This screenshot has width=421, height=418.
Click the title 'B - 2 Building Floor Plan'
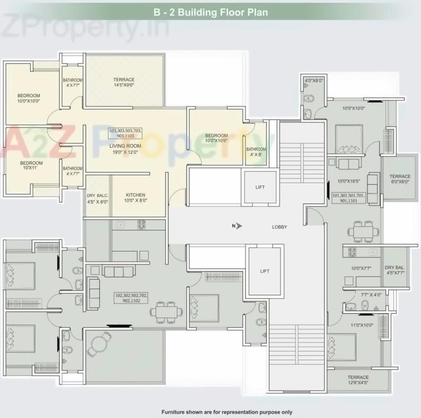[210, 11]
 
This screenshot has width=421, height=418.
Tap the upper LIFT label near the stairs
[260, 188]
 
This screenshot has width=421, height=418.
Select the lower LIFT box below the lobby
[264, 271]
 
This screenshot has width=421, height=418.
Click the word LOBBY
[279, 226]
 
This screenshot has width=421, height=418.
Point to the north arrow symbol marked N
[235, 225]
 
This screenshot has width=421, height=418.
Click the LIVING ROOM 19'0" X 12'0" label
[125, 149]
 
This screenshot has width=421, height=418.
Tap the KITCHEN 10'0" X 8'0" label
[135, 198]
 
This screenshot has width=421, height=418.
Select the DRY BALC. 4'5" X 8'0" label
[98, 198]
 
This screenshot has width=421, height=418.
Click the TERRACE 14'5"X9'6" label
[124, 83]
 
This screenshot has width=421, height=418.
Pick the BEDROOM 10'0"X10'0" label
[28, 98]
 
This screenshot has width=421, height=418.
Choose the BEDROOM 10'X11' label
[32, 166]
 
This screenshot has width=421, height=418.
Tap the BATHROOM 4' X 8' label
[256, 152]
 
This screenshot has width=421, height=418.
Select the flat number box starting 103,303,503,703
[126, 133]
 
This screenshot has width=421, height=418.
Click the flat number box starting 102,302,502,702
[132, 298]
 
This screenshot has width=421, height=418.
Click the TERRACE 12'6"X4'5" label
[358, 380]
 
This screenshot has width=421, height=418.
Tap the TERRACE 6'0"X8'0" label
[399, 179]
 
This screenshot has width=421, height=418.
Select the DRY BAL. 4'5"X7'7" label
[396, 270]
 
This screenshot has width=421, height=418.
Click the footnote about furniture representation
[227, 412]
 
